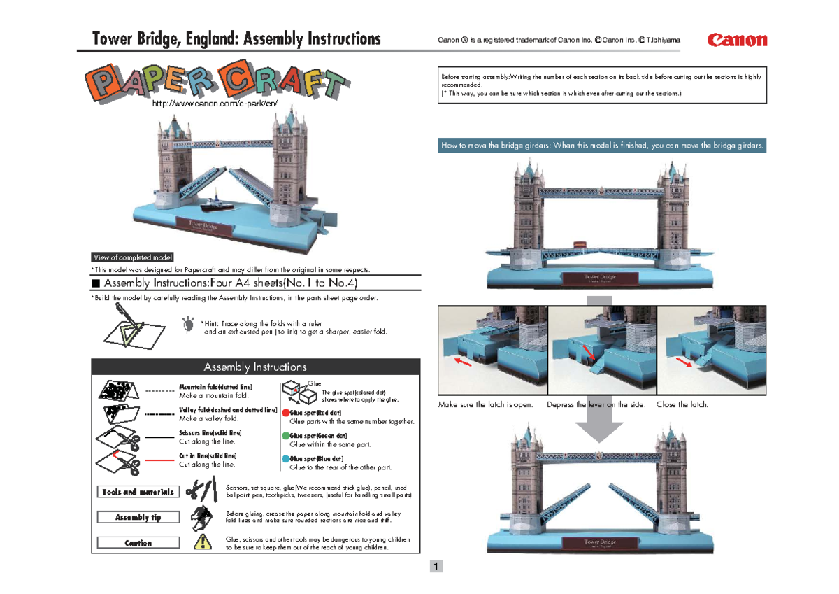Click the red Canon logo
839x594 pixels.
click(x=737, y=40)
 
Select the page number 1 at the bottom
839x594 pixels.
click(x=436, y=566)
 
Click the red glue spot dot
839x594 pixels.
click(x=285, y=413)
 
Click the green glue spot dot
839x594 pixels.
click(x=285, y=436)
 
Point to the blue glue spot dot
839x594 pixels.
click(x=285, y=459)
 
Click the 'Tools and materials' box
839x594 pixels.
click(x=138, y=492)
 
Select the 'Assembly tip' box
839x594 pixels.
click(x=138, y=517)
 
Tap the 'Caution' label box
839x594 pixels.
click(x=138, y=543)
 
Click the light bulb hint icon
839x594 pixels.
click(x=188, y=325)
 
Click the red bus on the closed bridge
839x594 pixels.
click(x=580, y=244)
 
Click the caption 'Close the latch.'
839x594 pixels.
click(x=682, y=404)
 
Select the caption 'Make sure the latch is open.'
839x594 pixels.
click(x=485, y=404)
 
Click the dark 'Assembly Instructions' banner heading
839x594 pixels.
click(x=255, y=367)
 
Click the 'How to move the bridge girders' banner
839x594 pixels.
click(x=603, y=146)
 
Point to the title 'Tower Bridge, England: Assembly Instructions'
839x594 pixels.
click(x=237, y=39)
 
